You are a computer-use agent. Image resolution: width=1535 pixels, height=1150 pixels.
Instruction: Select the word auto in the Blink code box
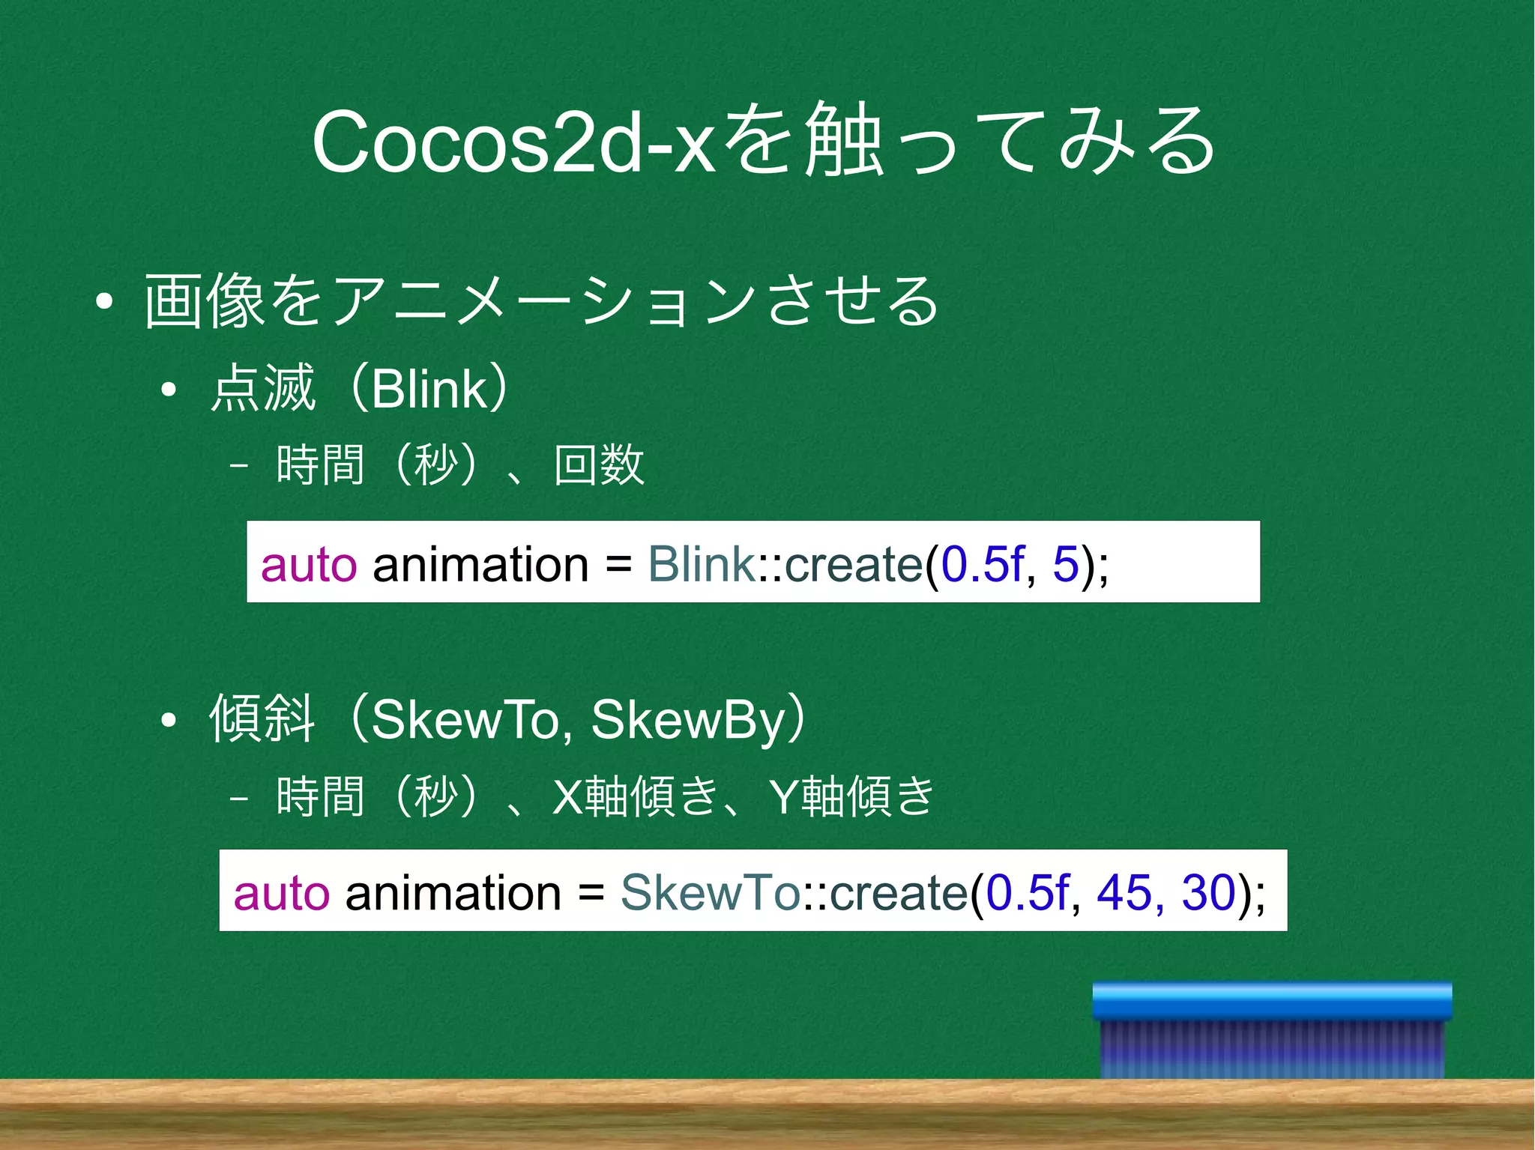(309, 564)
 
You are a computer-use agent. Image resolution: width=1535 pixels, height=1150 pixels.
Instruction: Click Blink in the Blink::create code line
(701, 564)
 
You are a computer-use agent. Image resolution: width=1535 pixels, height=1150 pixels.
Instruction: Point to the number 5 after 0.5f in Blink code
(1065, 564)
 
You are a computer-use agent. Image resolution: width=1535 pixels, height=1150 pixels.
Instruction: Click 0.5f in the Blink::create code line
(982, 564)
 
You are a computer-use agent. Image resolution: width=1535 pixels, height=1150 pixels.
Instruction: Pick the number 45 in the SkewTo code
(1124, 892)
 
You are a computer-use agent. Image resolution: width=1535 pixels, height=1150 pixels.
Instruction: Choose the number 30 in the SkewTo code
(1208, 892)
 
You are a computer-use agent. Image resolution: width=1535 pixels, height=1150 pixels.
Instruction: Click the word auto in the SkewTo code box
(282, 892)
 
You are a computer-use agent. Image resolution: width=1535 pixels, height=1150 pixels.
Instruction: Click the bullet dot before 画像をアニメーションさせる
(104, 302)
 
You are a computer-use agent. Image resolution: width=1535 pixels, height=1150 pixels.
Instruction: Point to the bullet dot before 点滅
(169, 390)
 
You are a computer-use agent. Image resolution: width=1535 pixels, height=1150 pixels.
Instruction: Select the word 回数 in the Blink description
(599, 464)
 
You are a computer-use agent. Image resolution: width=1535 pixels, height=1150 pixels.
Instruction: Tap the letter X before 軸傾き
(567, 796)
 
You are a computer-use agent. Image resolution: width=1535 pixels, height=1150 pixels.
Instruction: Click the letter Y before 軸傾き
(784, 796)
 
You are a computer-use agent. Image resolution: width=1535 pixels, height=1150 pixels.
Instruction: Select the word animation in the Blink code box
(480, 564)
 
